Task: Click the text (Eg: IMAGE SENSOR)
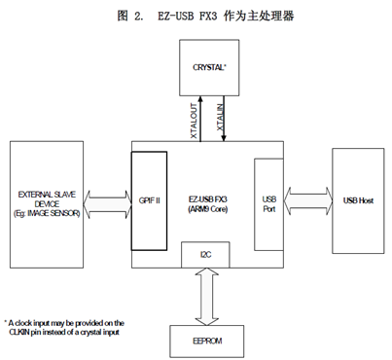[47, 211]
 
